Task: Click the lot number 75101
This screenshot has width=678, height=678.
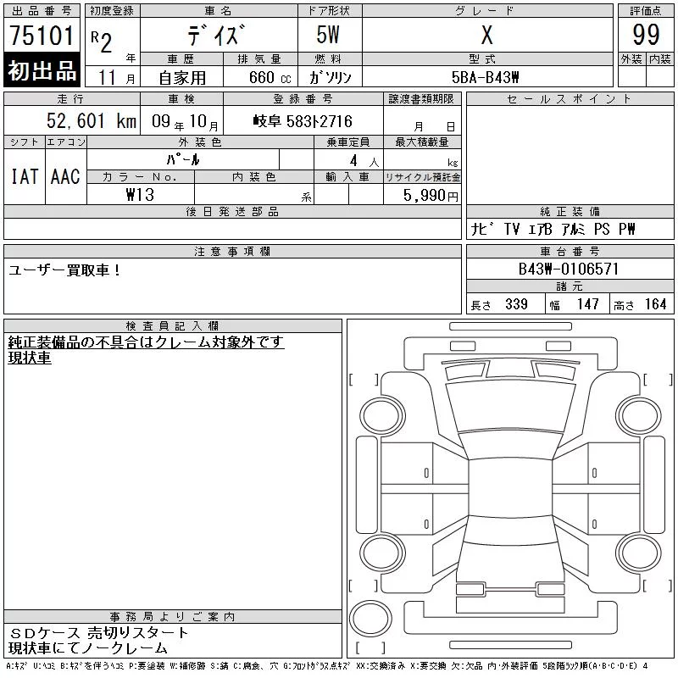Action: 42,36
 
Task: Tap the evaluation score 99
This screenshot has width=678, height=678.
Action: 646,35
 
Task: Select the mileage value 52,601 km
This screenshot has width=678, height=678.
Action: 92,120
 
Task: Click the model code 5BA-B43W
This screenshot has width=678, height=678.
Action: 485,77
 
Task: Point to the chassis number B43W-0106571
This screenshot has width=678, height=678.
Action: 569,269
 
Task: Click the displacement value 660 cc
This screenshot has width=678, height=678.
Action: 270,78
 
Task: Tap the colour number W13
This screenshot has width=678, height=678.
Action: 140,195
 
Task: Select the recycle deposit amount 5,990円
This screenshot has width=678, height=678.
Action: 431,196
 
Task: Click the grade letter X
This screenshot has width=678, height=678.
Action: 487,35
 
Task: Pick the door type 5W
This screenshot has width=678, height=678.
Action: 328,35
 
